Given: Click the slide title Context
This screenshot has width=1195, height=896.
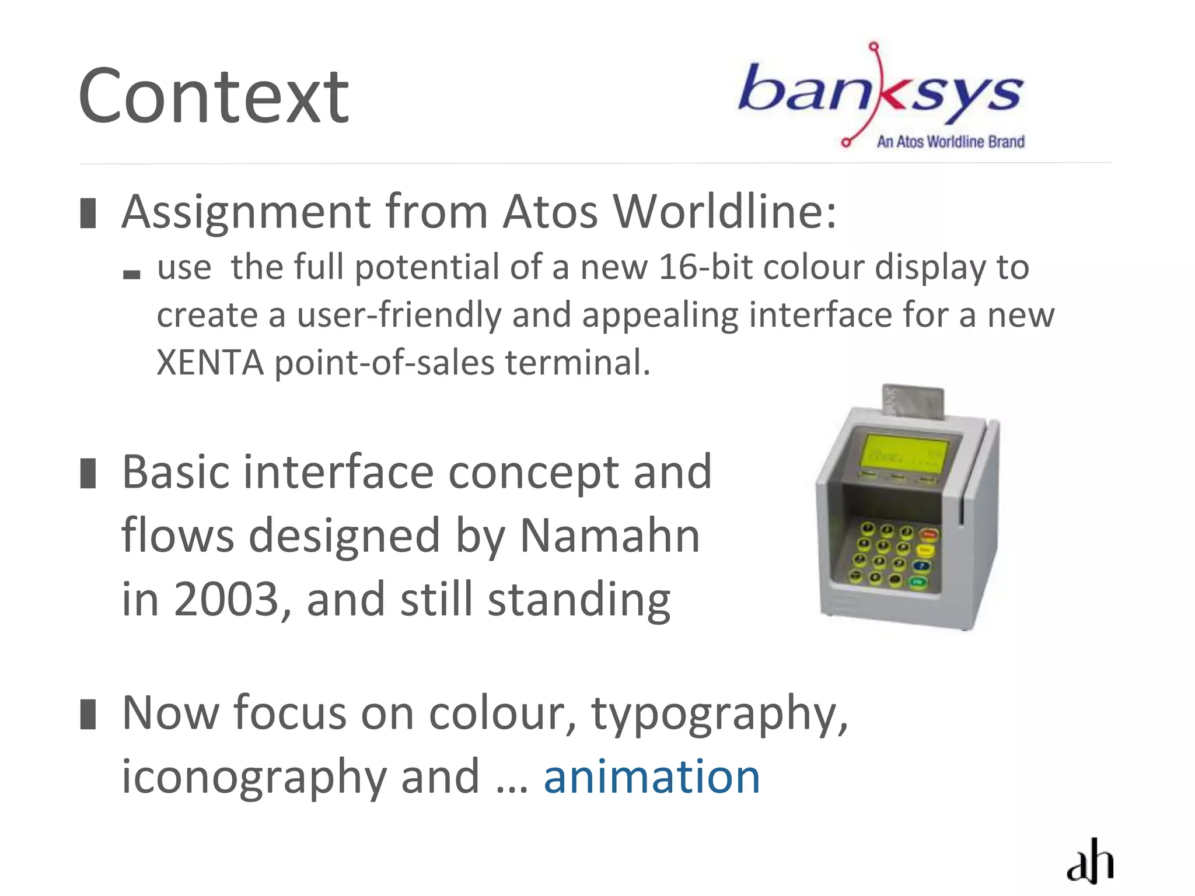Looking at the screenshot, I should [x=214, y=97].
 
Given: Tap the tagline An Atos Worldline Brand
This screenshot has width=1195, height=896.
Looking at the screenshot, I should [x=951, y=142].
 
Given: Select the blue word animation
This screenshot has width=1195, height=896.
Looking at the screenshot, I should [x=652, y=777].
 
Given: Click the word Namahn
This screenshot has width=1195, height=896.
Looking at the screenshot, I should [x=609, y=535].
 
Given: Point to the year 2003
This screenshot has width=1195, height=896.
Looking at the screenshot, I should [x=226, y=600].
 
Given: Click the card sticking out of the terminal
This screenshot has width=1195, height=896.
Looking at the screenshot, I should [x=913, y=401].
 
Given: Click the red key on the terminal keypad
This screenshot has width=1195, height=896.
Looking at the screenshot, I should [x=928, y=534].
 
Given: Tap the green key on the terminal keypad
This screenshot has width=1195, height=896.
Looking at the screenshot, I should [x=918, y=582].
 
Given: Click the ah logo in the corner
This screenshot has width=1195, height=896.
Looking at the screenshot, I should [x=1090, y=862].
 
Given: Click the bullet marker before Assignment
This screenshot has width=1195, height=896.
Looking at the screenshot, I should [x=88, y=213].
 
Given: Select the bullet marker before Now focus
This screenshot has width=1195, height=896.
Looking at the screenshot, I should [x=88, y=715].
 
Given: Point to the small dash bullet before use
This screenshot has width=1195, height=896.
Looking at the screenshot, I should [x=132, y=274].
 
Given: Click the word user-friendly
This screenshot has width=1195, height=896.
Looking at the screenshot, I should [x=399, y=315].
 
